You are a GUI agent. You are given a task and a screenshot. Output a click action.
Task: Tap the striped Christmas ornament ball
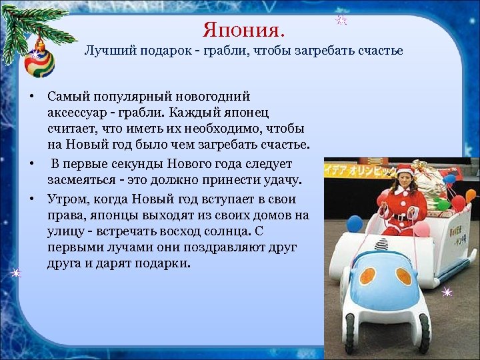click(39, 61)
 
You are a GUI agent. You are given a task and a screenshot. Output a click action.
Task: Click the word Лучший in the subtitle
click(105, 51)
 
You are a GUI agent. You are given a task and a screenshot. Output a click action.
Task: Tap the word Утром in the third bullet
click(65, 199)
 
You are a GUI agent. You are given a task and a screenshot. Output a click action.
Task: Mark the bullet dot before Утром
click(31, 199)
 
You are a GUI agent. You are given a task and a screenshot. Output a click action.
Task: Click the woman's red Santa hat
click(403, 170)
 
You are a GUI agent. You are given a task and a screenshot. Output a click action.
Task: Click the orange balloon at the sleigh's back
click(471, 196)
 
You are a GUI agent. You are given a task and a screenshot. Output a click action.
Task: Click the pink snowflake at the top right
click(341, 19)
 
